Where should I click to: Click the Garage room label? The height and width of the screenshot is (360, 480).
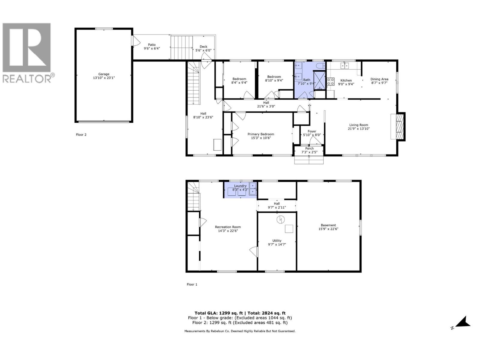click(104, 74)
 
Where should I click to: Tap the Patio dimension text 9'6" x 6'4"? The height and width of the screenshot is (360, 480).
click(152, 48)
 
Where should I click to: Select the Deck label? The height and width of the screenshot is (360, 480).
click(203, 46)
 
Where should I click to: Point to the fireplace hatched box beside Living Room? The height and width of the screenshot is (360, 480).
click(399, 126)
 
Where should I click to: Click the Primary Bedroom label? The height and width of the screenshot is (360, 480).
click(260, 134)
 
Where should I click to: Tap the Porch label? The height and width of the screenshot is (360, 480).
click(309, 148)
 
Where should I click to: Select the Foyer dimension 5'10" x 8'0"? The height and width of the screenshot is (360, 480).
click(312, 135)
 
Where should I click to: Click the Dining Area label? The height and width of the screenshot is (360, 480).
click(379, 79)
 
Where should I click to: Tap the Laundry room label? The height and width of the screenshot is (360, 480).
click(240, 186)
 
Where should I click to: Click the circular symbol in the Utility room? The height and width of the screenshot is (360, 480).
click(280, 220)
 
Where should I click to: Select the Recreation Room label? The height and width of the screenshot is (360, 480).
click(228, 227)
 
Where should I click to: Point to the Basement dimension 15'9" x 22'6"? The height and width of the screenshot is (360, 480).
click(328, 229)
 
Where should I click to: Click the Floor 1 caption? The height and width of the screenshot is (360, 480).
click(192, 284)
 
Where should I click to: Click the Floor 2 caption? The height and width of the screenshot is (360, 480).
click(81, 135)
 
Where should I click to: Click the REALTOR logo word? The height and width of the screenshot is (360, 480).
click(27, 79)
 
